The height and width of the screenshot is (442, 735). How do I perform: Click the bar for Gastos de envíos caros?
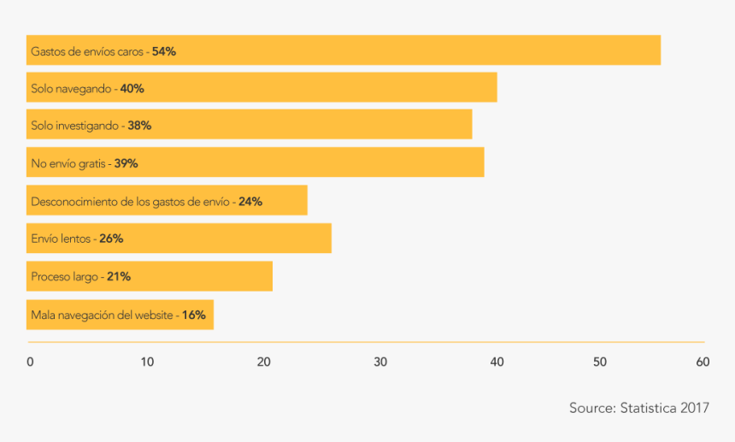343,50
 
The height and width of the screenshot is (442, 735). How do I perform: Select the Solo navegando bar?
262,88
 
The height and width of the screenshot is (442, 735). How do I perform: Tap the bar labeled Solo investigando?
249,125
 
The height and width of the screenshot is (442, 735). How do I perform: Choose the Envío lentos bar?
179,239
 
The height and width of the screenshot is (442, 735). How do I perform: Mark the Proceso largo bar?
150,276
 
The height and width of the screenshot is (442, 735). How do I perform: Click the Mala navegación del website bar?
120,315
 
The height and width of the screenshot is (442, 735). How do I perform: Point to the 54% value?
164,51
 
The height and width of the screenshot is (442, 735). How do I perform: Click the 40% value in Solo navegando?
132,88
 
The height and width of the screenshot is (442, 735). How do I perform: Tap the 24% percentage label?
250,202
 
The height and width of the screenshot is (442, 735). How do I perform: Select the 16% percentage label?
194,315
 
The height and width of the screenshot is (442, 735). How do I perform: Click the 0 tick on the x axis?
30,362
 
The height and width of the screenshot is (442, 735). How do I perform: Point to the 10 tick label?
147,362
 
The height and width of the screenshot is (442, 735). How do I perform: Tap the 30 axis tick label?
380,362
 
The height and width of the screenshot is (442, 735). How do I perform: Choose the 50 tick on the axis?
601,362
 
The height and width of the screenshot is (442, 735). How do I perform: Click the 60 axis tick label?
703,362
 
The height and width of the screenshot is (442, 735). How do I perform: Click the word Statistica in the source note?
647,408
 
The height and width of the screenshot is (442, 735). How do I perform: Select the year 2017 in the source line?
695,408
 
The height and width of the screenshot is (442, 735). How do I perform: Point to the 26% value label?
111,239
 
